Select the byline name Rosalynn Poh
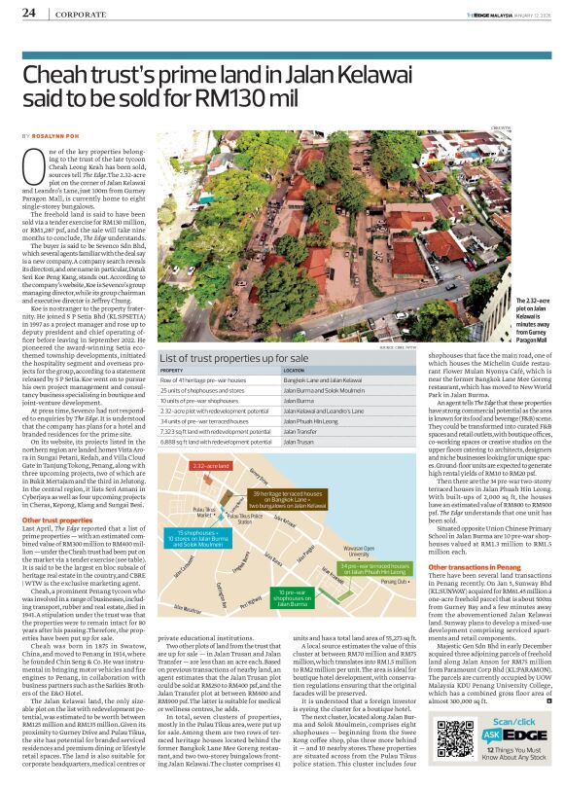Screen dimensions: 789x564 point(57,135)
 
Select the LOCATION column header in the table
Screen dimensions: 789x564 point(294,371)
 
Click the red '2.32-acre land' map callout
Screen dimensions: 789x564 point(211,466)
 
